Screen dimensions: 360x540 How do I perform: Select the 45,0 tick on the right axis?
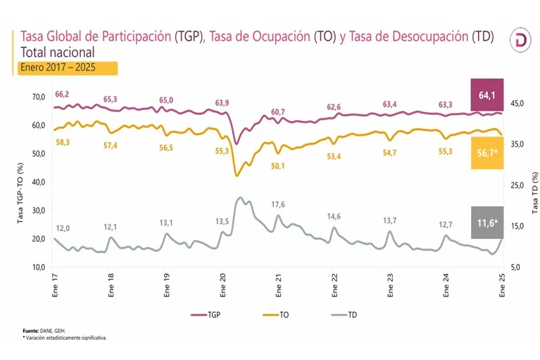(517, 103)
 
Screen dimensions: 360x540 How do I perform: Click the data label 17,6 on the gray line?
(278, 205)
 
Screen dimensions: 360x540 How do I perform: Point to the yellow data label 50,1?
(278, 166)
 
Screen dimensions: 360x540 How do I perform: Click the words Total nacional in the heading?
(57, 52)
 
